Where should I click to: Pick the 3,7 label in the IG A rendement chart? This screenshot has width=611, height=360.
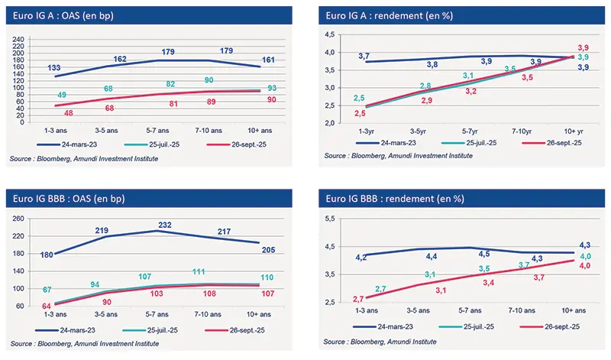[x=364, y=57]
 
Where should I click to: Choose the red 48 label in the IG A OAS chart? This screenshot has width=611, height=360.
[x=47, y=112]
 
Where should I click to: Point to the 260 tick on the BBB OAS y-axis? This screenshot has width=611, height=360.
[x=18, y=219]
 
